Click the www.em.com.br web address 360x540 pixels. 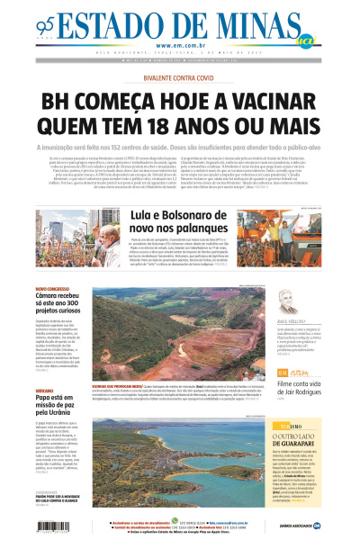click(x=180, y=45)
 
